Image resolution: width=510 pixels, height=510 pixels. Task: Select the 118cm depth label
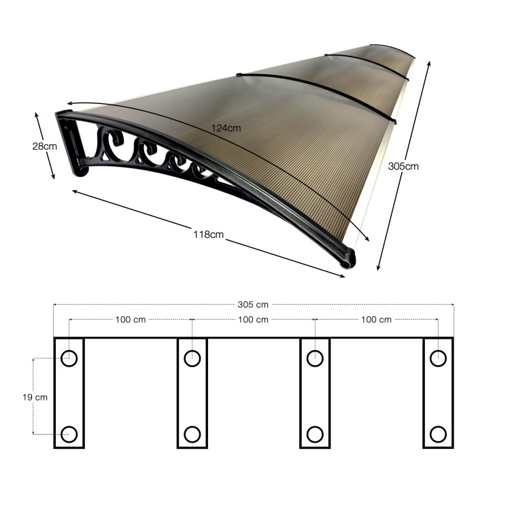click(x=208, y=235)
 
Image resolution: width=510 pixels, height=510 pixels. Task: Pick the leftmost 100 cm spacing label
click(x=129, y=319)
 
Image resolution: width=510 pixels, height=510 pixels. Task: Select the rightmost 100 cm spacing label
click(x=376, y=319)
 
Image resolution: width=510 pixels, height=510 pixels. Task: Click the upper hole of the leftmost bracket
click(x=69, y=358)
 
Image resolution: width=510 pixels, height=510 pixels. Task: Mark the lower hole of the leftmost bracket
click(x=69, y=434)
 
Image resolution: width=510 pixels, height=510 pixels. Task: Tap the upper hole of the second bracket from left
click(x=192, y=358)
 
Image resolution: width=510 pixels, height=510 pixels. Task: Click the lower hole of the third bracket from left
click(x=315, y=434)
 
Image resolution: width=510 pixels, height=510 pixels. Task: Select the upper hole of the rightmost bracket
click(x=438, y=358)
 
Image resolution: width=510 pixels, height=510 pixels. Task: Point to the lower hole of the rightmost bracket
click(x=438, y=434)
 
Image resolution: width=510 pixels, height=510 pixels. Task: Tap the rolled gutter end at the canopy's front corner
click(x=350, y=259)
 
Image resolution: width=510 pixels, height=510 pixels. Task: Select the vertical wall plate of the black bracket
click(x=71, y=146)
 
